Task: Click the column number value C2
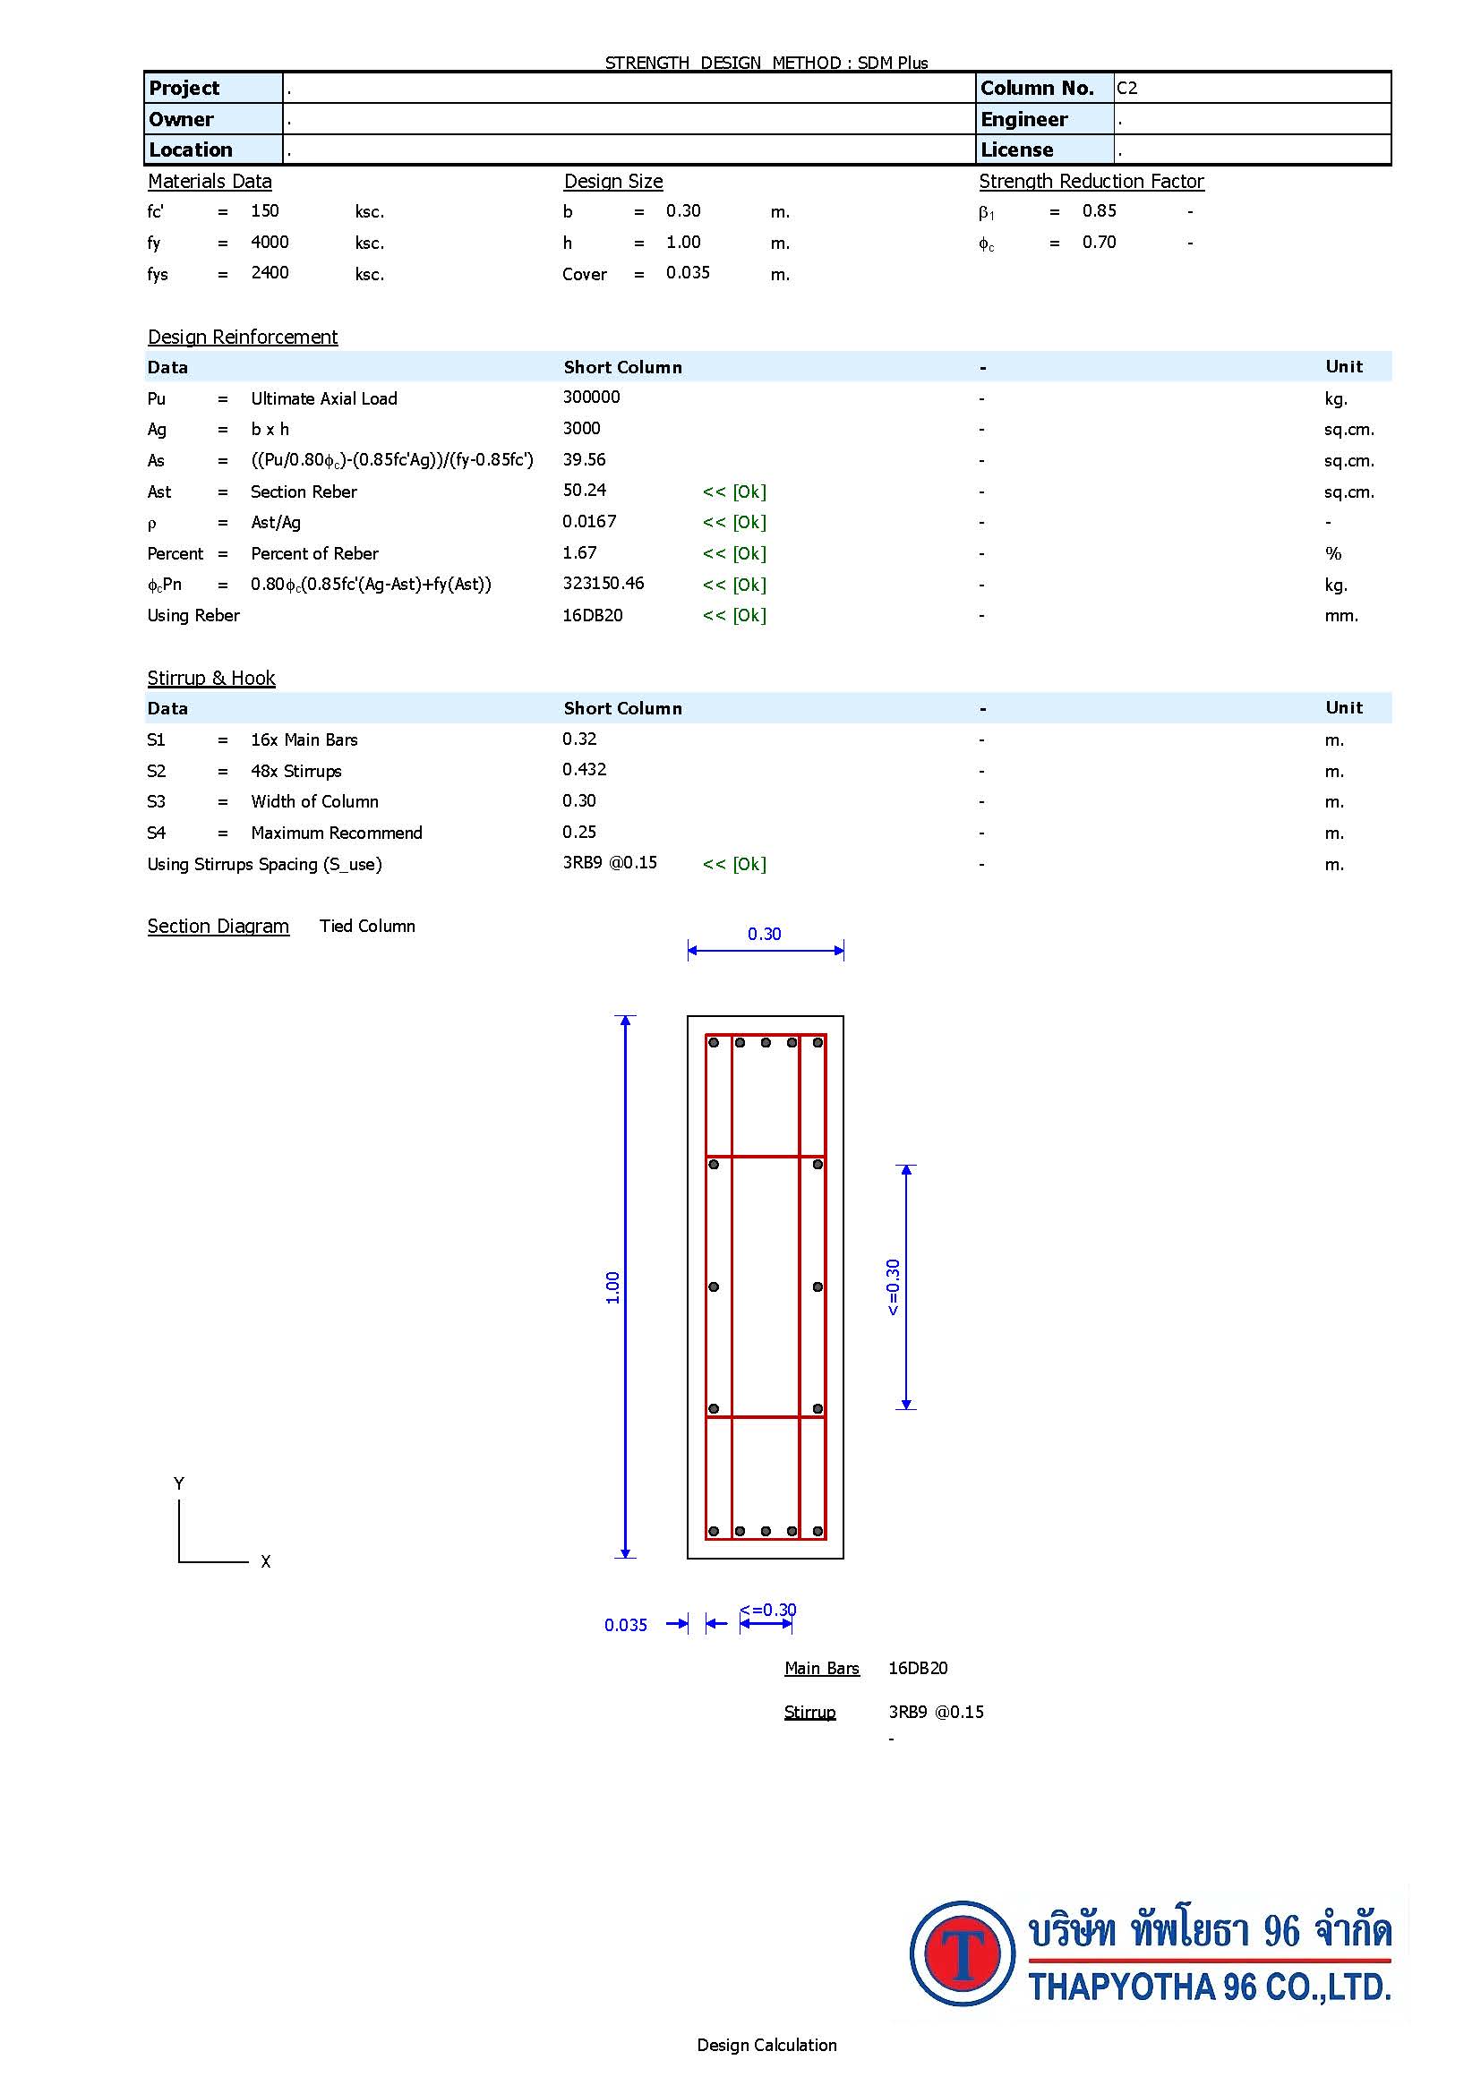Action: (x=1127, y=89)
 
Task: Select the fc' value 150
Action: (x=264, y=210)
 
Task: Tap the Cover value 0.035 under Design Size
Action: (x=688, y=273)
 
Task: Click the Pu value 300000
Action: (x=591, y=397)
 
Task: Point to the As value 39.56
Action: (x=584, y=459)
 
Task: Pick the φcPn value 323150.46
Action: (x=603, y=584)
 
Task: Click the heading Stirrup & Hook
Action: (x=211, y=678)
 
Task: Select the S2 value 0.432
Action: (x=584, y=770)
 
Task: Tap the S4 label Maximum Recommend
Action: (x=337, y=833)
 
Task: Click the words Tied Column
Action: (x=367, y=926)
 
